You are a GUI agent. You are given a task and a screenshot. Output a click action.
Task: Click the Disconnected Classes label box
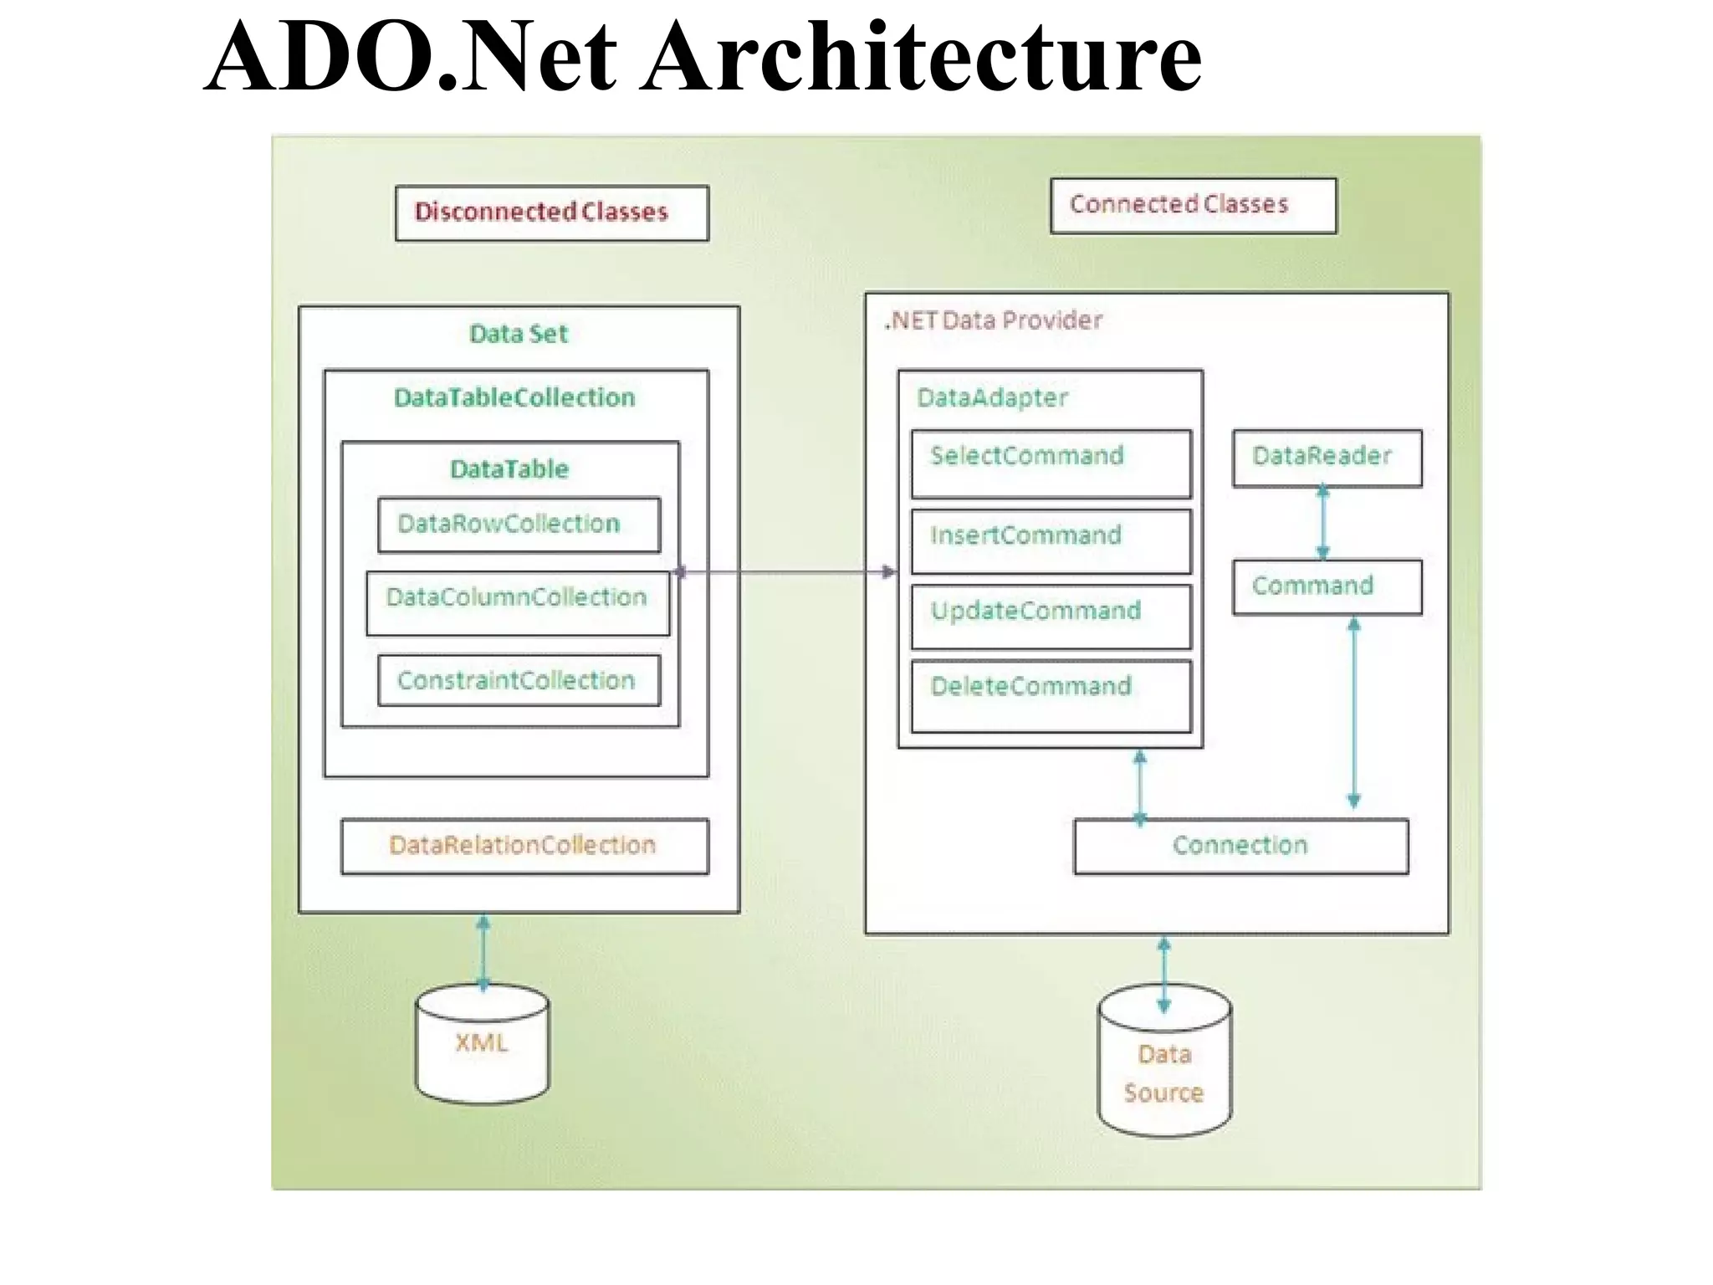pyautogui.click(x=551, y=212)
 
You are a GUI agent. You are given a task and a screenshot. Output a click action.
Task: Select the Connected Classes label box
pyautogui.click(x=1193, y=205)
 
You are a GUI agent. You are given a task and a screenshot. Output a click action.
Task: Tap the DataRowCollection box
pyautogui.click(x=519, y=525)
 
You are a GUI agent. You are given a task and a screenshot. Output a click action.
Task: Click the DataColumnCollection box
pyautogui.click(x=518, y=602)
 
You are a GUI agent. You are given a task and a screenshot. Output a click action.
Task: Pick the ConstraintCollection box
pyautogui.click(x=519, y=680)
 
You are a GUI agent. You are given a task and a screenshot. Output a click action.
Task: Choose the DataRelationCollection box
pyautogui.click(x=524, y=846)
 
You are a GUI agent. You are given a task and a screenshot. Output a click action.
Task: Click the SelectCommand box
pyautogui.click(x=1051, y=463)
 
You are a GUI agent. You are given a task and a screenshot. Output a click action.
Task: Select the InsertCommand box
pyautogui.click(x=1051, y=541)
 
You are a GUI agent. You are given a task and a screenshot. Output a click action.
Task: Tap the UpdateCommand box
pyautogui.click(x=1051, y=617)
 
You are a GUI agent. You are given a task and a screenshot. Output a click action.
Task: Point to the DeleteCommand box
pyautogui.click(x=1051, y=695)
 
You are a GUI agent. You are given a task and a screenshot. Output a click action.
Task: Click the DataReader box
pyautogui.click(x=1327, y=458)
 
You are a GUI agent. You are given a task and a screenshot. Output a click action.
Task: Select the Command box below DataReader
pyautogui.click(x=1327, y=586)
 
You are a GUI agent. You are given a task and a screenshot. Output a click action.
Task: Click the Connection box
pyautogui.click(x=1240, y=846)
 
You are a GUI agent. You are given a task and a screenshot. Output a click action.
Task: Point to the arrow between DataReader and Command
pyautogui.click(x=1322, y=523)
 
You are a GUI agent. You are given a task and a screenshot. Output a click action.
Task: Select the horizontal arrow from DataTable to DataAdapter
pyautogui.click(x=786, y=572)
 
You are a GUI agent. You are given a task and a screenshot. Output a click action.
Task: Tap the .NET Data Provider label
pyautogui.click(x=994, y=320)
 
